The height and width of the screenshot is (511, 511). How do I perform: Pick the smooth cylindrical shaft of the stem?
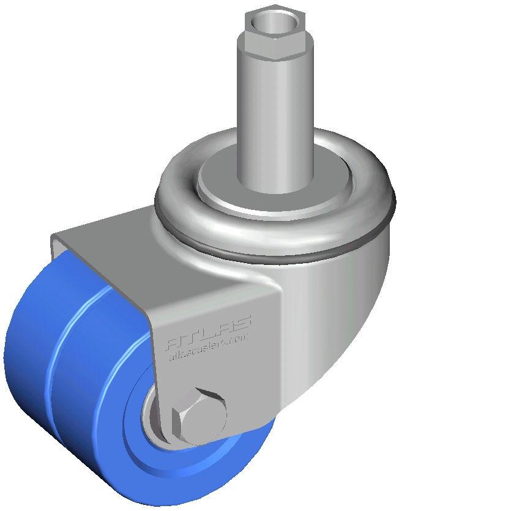275,122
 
